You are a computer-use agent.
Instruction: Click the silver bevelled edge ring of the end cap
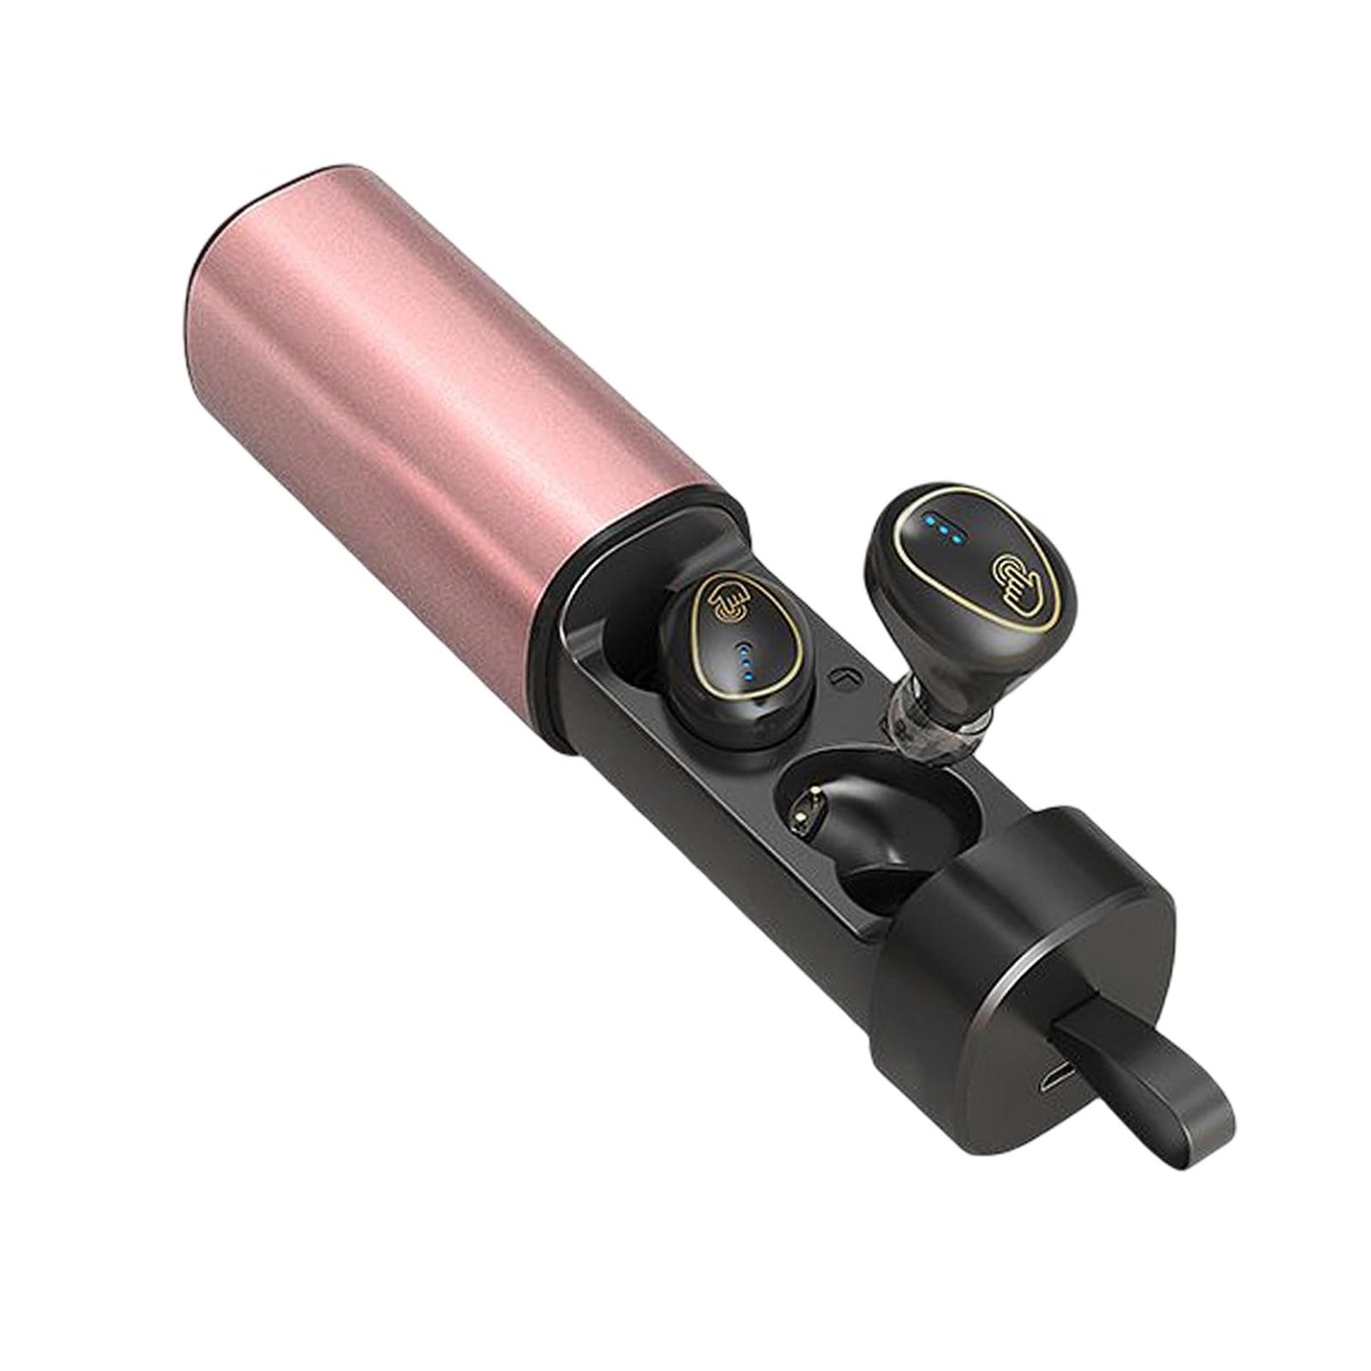[1120, 911]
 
